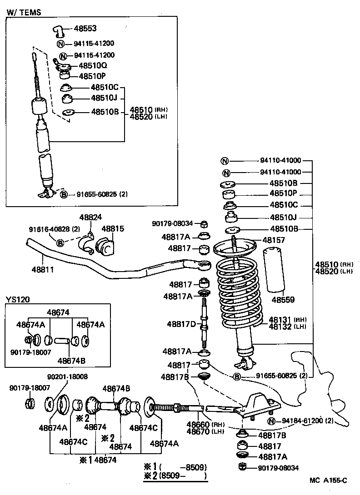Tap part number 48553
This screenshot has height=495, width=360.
85,29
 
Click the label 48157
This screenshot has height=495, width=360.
273,240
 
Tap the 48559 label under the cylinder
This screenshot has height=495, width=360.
283,300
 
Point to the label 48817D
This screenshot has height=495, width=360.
181,324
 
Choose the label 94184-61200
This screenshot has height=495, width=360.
300,421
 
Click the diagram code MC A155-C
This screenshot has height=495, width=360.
328,480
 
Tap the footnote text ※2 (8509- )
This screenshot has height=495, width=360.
175,476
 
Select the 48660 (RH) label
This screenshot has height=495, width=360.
198,424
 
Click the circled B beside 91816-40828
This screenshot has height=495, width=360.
60,243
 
